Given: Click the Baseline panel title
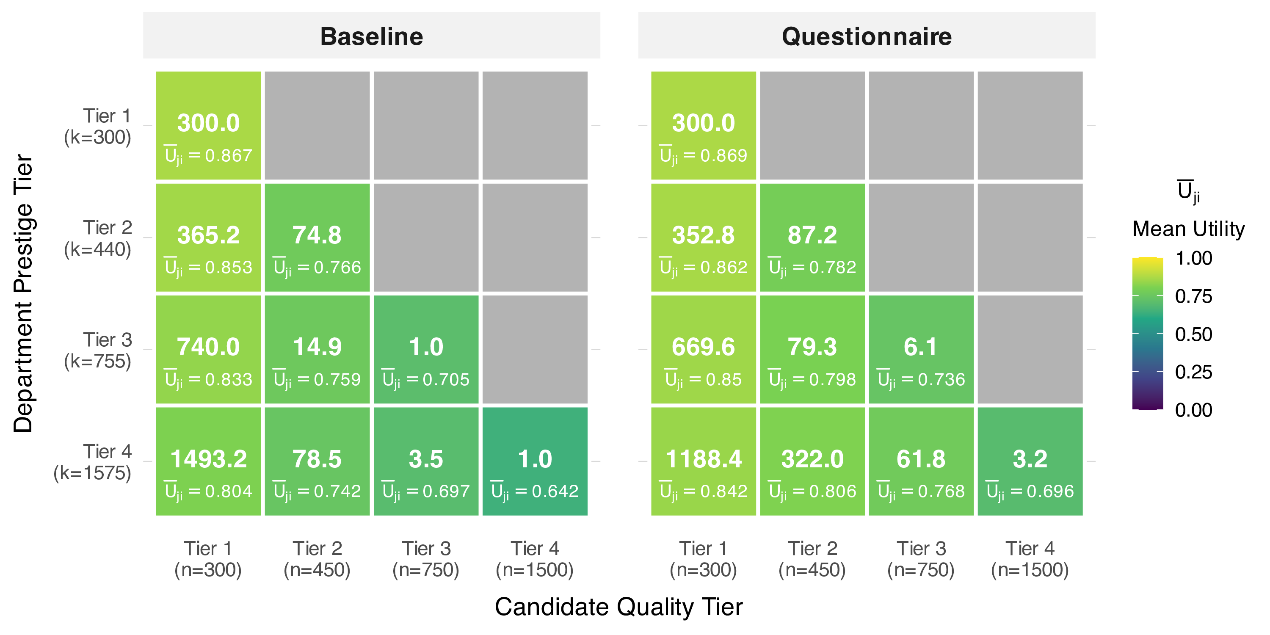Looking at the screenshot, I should pyautogui.click(x=371, y=36).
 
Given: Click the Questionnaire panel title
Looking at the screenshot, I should pyautogui.click(x=866, y=36).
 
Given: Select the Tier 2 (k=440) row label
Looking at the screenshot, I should pyautogui.click(x=99, y=239).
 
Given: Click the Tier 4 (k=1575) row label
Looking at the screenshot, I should pyautogui.click(x=93, y=462).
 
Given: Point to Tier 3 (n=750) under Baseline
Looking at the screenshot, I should pyautogui.click(x=426, y=559).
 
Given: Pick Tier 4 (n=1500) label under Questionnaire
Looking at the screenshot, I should pyautogui.click(x=1030, y=559).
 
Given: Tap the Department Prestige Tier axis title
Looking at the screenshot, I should pyautogui.click(x=23, y=293).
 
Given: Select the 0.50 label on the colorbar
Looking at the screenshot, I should pyautogui.click(x=1193, y=334).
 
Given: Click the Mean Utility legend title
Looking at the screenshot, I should pyautogui.click(x=1188, y=229).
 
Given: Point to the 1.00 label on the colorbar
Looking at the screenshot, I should pyautogui.click(x=1193, y=258).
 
